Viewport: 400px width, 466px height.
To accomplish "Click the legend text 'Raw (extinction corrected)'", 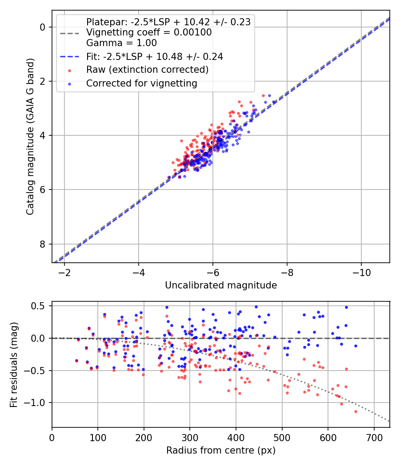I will [x=147, y=70].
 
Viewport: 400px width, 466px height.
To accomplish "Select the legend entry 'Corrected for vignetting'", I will [x=141, y=83].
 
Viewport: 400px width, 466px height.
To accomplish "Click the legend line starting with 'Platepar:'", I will [x=168, y=22].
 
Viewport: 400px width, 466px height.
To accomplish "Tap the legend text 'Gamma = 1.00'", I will [x=121, y=43].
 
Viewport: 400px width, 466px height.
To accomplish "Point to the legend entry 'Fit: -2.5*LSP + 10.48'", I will [x=154, y=56].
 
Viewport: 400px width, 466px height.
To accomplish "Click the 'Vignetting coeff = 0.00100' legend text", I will [x=148, y=32].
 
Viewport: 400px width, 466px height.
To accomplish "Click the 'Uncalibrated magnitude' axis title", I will [x=221, y=285].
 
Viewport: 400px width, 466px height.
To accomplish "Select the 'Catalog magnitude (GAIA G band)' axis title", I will [x=30, y=136].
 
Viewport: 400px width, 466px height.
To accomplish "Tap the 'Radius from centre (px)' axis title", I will [x=221, y=450].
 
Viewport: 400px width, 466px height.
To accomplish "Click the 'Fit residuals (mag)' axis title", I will [x=14, y=364].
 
